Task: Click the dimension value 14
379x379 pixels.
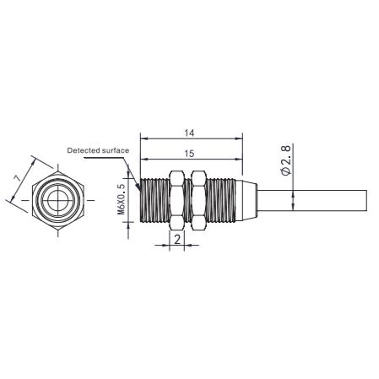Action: [x=189, y=133]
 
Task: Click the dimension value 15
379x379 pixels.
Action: [x=189, y=154]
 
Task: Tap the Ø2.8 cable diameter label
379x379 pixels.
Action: [x=286, y=160]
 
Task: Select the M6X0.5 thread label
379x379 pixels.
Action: [x=121, y=199]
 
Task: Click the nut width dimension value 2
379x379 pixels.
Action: [x=177, y=240]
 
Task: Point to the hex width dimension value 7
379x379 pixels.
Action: [x=18, y=178]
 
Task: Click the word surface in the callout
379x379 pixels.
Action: [x=116, y=150]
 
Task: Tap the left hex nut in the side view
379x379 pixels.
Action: [x=176, y=199]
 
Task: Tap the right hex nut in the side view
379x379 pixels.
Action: [x=198, y=199]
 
